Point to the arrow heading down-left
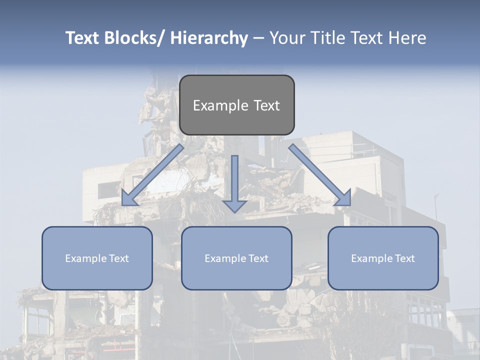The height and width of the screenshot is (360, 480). (x=152, y=175)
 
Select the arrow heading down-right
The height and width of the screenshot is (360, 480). (x=320, y=175)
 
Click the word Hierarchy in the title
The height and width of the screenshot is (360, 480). (x=209, y=38)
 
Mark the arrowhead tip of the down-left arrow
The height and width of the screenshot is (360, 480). (x=123, y=204)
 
